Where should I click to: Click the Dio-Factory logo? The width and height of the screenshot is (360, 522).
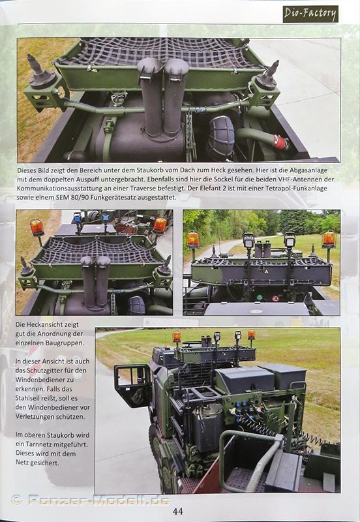click(310, 14)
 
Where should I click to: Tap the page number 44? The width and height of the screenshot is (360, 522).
click(178, 511)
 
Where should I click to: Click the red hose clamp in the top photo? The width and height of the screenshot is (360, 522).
click(280, 142)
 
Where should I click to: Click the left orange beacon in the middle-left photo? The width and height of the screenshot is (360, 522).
click(37, 228)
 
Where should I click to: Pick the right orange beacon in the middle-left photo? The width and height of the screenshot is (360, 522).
click(160, 225)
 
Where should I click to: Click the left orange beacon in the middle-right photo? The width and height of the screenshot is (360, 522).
click(193, 239)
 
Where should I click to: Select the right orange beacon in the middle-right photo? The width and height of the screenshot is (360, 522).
click(329, 239)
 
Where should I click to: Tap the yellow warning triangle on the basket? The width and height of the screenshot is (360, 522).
click(266, 272)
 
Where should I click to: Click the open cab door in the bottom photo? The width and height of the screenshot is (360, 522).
click(132, 386)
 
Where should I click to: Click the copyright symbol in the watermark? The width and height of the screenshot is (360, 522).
click(16, 500)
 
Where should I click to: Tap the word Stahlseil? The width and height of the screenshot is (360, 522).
click(28, 398)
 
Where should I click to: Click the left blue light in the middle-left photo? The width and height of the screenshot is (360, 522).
click(77, 218)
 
